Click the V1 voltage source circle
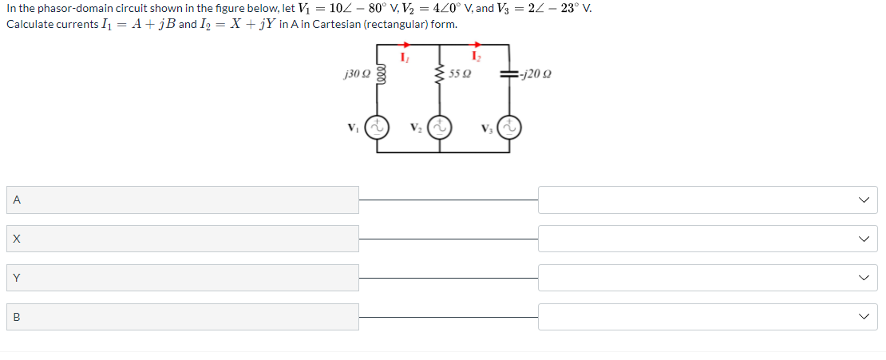377,128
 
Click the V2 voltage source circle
439,128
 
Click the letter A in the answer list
16,200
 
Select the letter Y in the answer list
16,279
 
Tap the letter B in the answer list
16,318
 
